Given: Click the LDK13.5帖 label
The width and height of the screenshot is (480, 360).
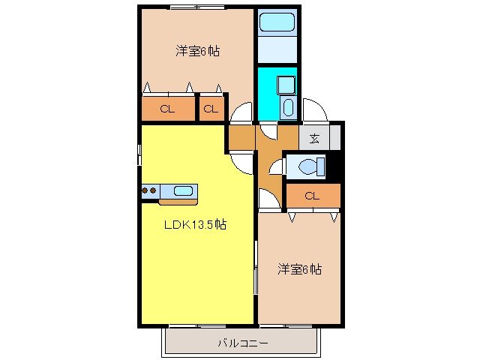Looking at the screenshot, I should (196, 224).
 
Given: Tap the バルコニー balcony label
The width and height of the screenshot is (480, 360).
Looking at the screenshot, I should (242, 343).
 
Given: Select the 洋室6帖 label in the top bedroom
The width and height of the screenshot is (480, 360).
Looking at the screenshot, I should (198, 52).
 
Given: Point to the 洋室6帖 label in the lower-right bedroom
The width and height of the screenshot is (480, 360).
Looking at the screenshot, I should (299, 268).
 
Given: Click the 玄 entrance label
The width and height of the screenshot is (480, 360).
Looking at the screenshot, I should (314, 138).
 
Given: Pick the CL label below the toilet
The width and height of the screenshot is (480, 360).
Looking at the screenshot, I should (313, 196).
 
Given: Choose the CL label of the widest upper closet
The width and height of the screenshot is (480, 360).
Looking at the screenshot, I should (166, 109).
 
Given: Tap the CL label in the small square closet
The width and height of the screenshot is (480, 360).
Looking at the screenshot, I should (211, 109).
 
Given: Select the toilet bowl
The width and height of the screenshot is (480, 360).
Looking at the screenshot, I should (310, 166).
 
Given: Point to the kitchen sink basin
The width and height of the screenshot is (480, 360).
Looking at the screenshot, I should (183, 191).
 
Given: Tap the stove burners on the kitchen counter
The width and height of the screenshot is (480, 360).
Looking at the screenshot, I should (148, 191).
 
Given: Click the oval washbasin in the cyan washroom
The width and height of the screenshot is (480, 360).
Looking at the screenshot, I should (289, 106).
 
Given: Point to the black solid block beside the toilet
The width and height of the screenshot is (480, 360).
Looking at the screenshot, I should (337, 166).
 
